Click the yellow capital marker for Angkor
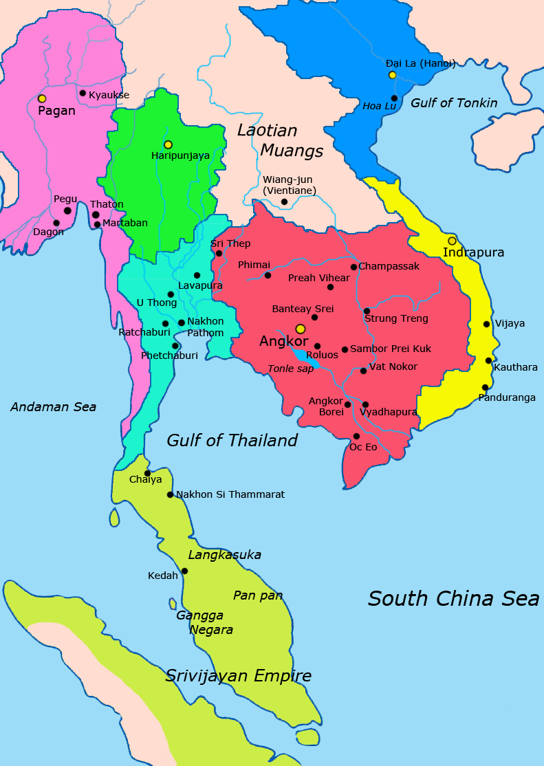click(300, 329)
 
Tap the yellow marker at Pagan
click(42, 99)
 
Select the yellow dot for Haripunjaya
click(168, 144)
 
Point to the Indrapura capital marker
click(452, 241)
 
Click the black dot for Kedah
click(184, 571)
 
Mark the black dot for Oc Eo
click(356, 436)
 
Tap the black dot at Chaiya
click(147, 473)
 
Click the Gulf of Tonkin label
click(453, 103)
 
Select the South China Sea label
click(453, 598)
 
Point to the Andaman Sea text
click(53, 407)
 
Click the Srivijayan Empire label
click(238, 676)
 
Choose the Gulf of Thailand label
click(232, 441)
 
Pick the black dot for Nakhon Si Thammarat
click(170, 494)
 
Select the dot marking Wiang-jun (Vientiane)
click(284, 201)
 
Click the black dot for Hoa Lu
click(394, 98)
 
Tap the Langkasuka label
click(224, 555)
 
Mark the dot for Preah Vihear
click(330, 287)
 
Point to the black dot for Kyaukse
click(83, 93)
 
